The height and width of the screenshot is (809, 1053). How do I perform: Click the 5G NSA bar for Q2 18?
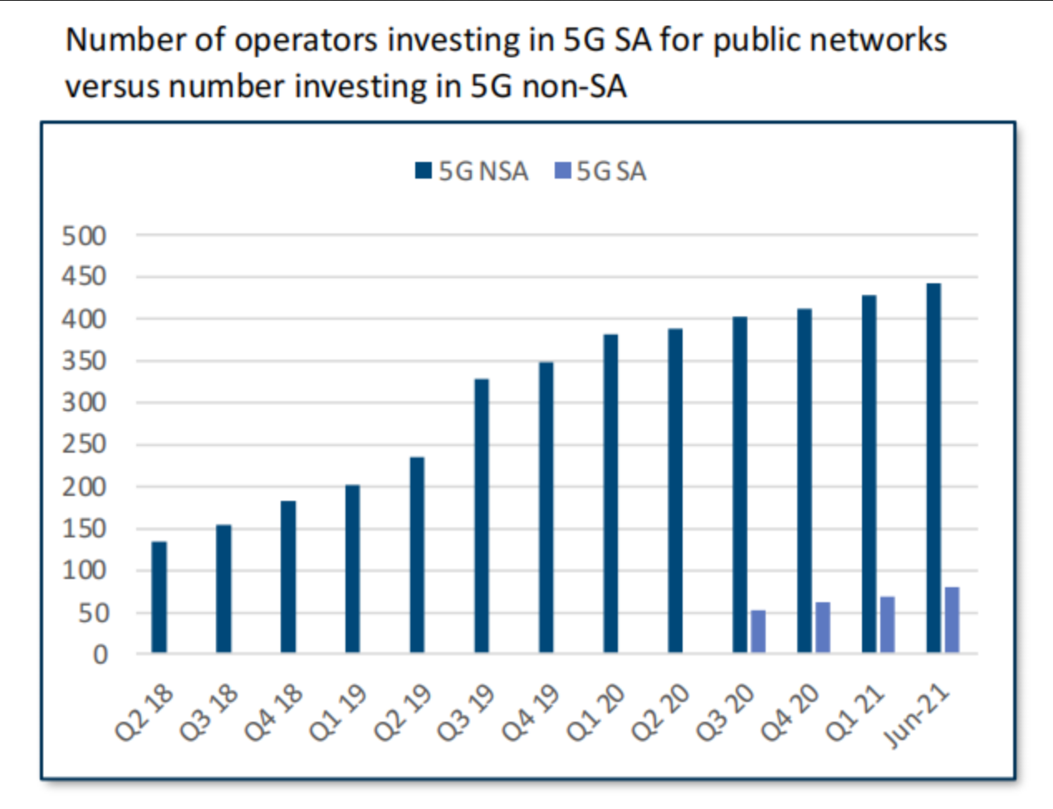tap(159, 597)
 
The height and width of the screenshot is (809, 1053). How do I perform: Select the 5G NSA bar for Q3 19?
tap(482, 516)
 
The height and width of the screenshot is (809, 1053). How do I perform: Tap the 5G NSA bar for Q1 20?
tap(610, 493)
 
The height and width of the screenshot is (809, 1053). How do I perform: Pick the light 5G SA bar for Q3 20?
tap(758, 632)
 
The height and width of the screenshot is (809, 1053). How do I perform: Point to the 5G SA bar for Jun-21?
tap(952, 620)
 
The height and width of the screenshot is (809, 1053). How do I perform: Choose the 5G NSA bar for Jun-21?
tap(933, 468)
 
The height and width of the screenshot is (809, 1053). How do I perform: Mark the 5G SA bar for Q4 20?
tap(822, 628)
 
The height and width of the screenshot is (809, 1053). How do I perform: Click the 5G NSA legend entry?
tap(472, 171)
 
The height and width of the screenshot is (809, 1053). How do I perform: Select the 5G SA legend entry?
tap(600, 171)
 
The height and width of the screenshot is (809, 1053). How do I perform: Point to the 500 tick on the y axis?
tap(84, 236)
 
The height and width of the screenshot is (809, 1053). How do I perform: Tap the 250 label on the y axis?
tap(84, 444)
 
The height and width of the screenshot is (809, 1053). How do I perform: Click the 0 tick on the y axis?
tap(100, 655)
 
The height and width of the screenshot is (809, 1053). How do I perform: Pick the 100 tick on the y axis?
tap(84, 571)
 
